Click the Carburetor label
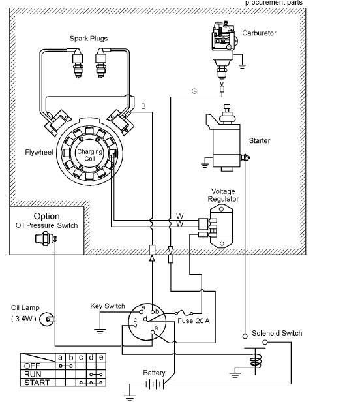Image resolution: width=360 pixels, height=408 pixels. pos(259,33)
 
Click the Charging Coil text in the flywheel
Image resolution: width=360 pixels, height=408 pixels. pos(90,155)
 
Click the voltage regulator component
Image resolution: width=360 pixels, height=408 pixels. pos(221,226)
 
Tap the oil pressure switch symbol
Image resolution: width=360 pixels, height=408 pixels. pos(46,239)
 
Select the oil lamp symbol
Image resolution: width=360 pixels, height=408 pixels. pos(47,319)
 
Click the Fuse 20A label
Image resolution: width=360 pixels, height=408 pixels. pos(194,321)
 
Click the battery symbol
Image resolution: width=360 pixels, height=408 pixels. pos(155,384)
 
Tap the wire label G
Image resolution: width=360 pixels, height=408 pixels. pos(194,91)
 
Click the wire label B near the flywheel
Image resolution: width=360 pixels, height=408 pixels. pos(143,106)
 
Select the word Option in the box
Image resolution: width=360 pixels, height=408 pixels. pos(46,216)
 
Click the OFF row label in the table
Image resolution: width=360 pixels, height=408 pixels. pos(32,366)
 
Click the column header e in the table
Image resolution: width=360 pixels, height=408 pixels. pos(101,358)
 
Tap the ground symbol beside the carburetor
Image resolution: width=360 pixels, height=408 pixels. pos(242,66)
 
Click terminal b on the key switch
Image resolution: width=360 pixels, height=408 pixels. pos(153,312)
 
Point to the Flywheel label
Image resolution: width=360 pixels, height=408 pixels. pos(39,152)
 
